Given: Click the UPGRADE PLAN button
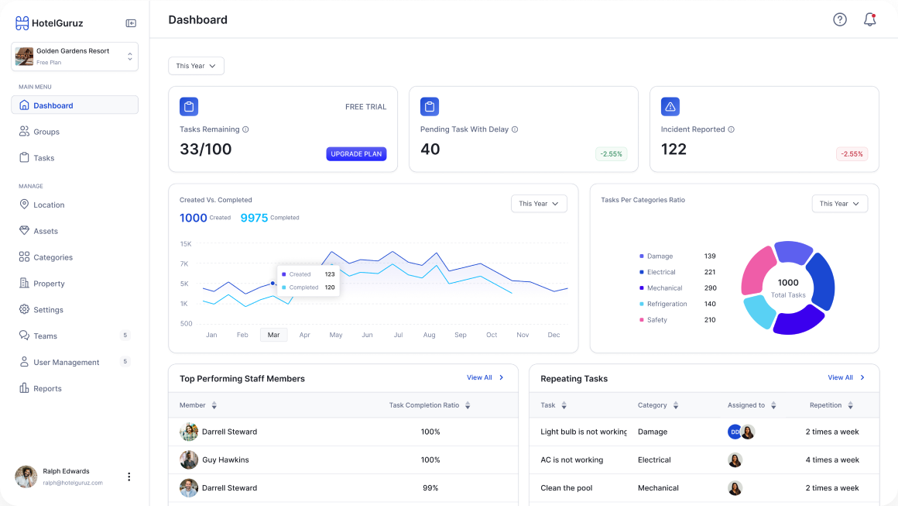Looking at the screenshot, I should point(356,154).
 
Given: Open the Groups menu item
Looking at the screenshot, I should point(46,132).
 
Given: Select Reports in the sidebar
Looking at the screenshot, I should point(47,389).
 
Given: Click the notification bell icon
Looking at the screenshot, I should point(869,20).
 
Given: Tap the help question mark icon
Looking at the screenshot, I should point(840,20).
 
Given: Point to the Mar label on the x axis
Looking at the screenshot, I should point(273,335).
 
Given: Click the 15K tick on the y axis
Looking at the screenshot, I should point(186,244).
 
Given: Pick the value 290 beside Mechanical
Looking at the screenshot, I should point(710,288).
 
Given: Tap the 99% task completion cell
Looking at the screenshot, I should point(430,488).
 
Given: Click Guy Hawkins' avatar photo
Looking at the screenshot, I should point(189,460).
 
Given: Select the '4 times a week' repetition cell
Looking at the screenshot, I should point(832,460).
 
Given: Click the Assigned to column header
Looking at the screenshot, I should point(746,405).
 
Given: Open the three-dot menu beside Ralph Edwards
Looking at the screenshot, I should point(129,477).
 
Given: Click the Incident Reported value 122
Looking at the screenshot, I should point(673,150).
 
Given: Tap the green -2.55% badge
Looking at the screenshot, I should point(611,154).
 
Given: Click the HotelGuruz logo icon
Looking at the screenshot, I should point(22,23).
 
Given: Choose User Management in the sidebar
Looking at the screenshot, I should point(67,363).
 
